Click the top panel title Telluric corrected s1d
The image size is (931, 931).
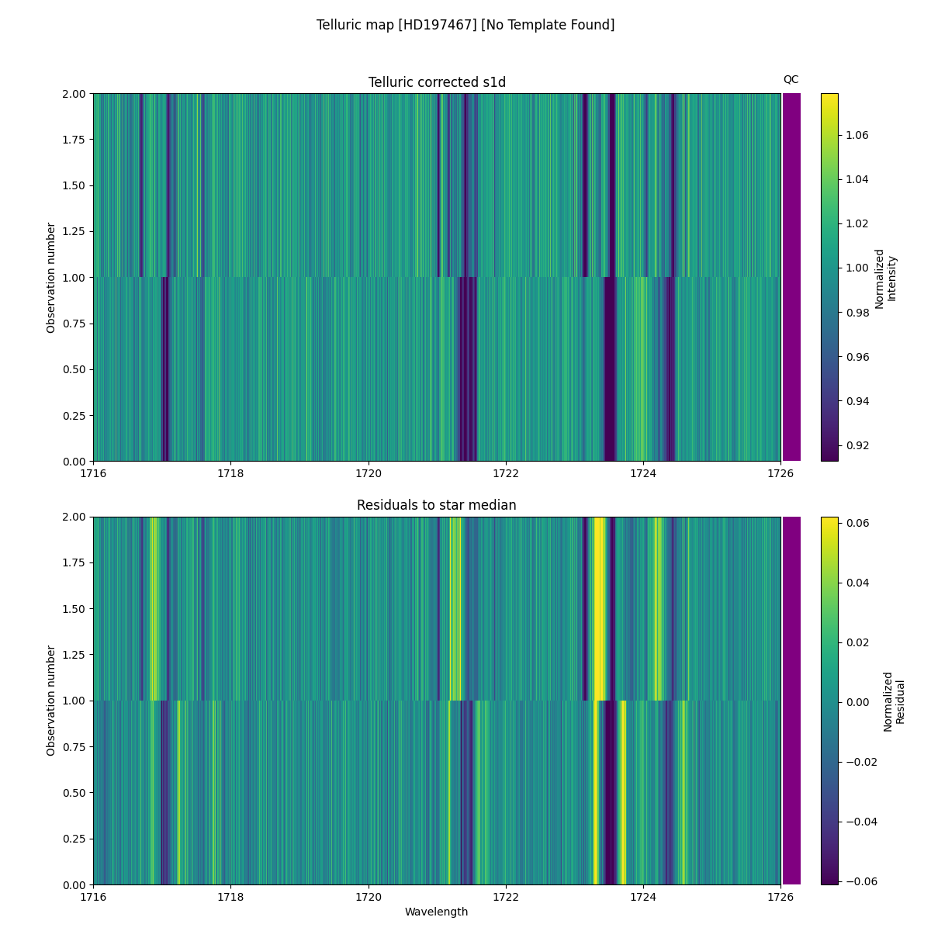[x=437, y=82]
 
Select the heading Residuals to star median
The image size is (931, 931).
[x=437, y=505]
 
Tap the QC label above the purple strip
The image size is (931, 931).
[x=791, y=79]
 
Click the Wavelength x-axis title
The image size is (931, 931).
[x=437, y=912]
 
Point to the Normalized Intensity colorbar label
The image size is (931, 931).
[x=884, y=278]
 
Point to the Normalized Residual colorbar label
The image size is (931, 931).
[x=894, y=701]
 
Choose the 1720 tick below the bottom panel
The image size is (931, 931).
[x=369, y=897]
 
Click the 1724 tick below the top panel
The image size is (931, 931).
[x=643, y=473]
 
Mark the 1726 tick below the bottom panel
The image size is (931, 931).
[x=780, y=897]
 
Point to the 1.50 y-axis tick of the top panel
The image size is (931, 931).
[x=74, y=185]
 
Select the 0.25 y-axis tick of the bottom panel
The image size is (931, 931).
[x=74, y=839]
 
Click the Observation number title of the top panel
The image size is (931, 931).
[x=51, y=278]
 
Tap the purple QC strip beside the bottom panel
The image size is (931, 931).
[x=791, y=701]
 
